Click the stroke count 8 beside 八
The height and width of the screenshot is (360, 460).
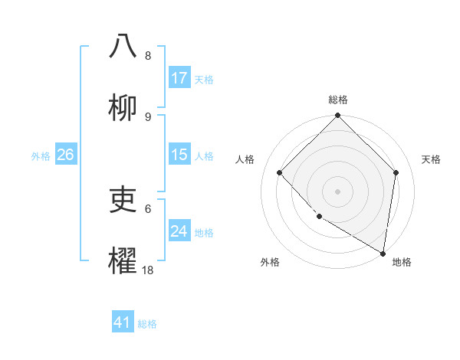148,56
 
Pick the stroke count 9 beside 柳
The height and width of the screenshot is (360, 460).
148,116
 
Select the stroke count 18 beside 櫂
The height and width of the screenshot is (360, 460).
148,270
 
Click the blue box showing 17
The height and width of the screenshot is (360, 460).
179,78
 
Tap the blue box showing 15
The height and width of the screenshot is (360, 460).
179,155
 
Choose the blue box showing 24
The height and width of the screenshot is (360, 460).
179,231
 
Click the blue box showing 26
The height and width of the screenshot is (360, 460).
65,155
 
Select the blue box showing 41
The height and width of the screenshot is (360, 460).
123,322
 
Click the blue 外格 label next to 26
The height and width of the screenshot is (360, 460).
41,155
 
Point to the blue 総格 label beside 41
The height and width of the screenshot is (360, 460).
147,323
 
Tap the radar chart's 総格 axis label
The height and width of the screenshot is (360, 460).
338,100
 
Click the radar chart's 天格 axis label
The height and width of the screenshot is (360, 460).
432,159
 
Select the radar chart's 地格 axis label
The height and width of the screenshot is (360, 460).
402,262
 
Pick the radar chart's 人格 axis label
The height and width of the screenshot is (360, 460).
245,159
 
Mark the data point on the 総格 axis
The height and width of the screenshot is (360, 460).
338,116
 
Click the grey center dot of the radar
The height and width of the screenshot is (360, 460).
338,191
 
